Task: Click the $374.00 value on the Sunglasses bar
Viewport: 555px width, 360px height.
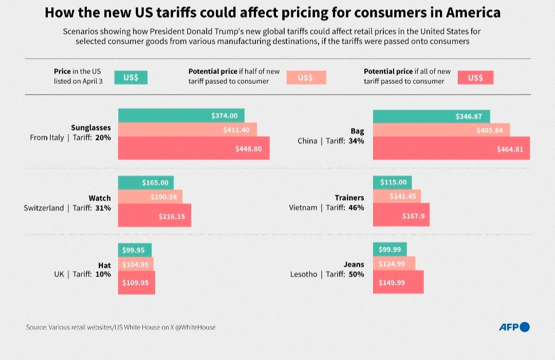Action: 225,116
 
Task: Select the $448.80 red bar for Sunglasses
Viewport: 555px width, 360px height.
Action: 194,148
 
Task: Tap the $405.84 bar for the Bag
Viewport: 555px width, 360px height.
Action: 441,130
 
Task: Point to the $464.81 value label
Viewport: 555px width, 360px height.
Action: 510,150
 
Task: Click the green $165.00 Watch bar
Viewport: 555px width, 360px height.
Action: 146,183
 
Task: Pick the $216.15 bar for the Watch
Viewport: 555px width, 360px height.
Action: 155,215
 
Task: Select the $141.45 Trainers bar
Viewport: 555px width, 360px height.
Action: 397,196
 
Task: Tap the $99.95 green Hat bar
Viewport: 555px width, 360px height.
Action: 135,250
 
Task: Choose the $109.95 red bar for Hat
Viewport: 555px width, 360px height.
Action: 136,283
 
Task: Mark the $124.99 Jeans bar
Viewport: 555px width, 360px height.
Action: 394,264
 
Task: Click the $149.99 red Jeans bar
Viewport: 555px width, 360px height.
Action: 398,282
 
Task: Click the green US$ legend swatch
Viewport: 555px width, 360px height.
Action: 131,77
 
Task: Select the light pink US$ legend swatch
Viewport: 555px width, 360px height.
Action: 305,77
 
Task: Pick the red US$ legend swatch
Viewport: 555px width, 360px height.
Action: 476,77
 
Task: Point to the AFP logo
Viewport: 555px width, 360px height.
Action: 514,327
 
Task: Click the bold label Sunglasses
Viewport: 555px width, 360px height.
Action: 90,128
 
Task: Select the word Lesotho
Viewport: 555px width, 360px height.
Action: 304,275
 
